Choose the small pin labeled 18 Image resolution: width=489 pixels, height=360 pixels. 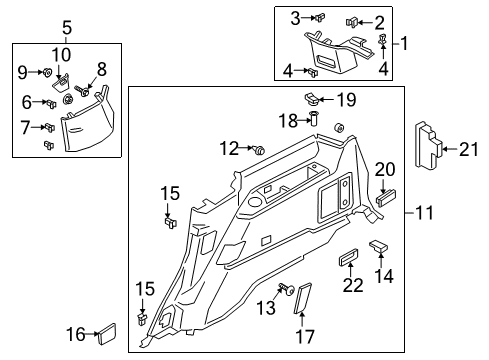(x=314, y=120)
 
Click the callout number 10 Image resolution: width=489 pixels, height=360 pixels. (x=61, y=53)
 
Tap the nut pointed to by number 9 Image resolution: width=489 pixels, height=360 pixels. (x=46, y=73)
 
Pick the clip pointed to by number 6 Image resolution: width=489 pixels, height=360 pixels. (x=49, y=102)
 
